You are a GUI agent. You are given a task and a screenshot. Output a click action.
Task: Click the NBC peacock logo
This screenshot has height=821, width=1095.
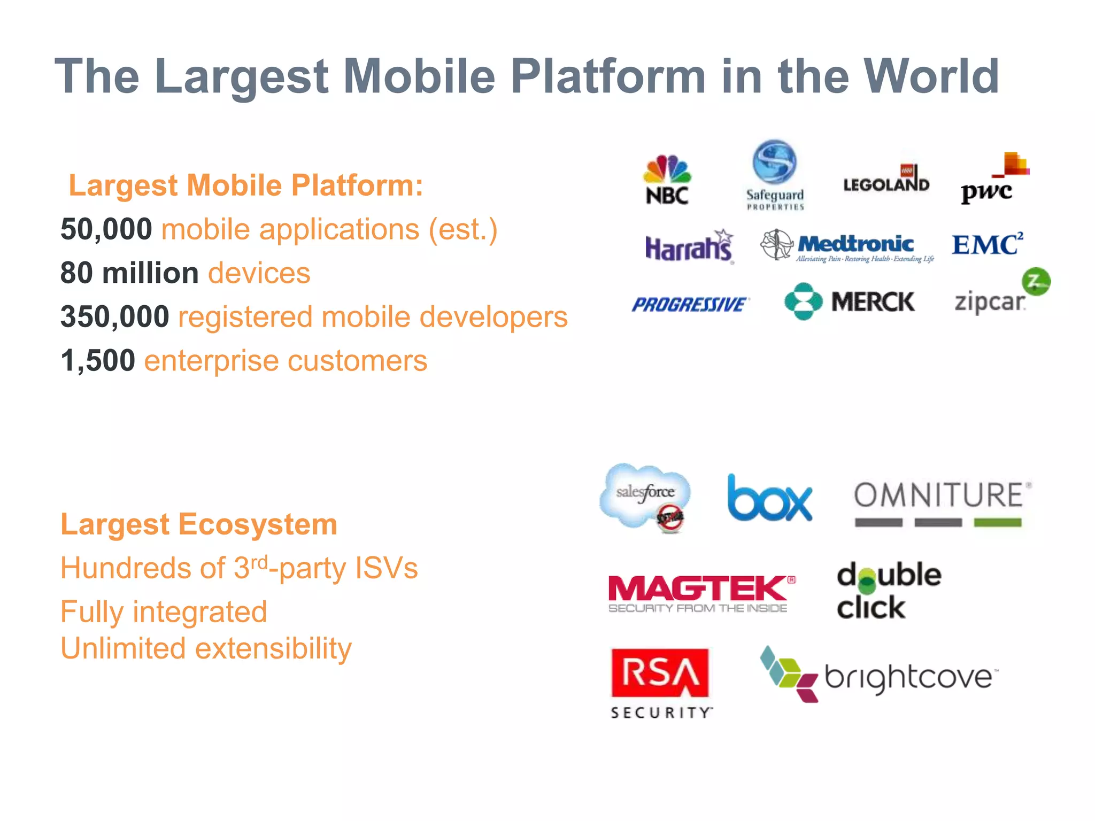click(667, 180)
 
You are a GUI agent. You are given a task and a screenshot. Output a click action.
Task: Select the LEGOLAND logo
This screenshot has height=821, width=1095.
click(886, 180)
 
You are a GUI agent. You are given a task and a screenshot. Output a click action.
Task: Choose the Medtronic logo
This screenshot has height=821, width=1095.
click(848, 246)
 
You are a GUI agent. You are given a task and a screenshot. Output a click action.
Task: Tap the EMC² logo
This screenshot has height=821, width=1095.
click(987, 244)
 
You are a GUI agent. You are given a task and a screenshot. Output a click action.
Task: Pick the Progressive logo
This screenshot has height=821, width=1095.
click(690, 305)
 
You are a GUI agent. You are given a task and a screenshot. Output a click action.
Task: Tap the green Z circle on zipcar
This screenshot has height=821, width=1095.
click(1036, 281)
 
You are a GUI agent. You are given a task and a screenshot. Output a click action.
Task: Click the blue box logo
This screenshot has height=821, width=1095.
click(769, 498)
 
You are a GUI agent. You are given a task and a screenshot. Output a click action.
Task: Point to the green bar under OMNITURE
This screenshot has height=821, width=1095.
click(997, 523)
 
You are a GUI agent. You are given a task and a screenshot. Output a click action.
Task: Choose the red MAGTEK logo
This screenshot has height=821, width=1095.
click(701, 592)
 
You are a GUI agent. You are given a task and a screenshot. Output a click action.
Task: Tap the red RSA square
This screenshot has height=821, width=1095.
click(660, 672)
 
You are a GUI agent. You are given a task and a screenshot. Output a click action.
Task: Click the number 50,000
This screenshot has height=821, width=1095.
click(106, 229)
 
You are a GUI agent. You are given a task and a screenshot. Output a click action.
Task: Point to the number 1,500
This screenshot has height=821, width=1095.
click(98, 361)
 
